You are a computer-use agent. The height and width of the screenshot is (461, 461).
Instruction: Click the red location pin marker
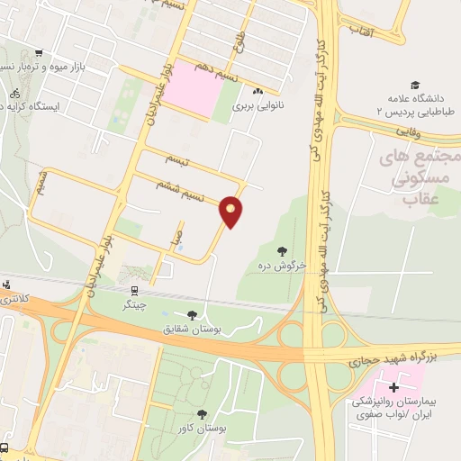(x=231, y=211)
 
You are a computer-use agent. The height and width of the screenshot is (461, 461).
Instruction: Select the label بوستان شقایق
(x=190, y=330)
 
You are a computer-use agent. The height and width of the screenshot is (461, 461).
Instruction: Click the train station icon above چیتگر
(x=134, y=291)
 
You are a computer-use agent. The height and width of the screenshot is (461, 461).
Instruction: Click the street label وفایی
(x=406, y=131)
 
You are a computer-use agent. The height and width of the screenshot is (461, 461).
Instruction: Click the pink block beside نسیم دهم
(x=194, y=88)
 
